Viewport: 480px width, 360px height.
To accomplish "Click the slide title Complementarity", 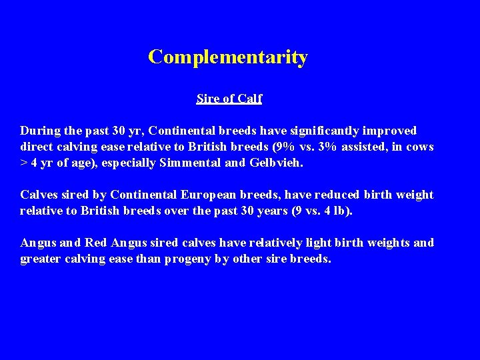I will (x=228, y=57).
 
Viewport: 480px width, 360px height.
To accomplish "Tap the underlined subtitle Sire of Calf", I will (x=229, y=99).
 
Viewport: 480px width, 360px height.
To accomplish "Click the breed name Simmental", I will (x=203, y=163).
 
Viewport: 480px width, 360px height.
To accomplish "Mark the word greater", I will (x=41, y=259).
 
